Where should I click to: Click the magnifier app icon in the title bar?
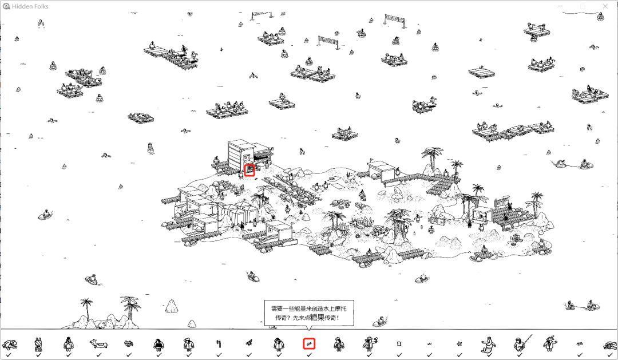coord(6,6)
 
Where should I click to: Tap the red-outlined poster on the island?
coord(249,171)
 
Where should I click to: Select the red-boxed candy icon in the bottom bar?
coord(309,344)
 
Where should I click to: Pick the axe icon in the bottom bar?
coord(219,344)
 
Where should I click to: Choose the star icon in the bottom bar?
coord(459,344)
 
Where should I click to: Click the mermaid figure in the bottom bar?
coord(489,345)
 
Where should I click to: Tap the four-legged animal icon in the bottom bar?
coord(98,345)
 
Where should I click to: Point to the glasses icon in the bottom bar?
coord(129,344)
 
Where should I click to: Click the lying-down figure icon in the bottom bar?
coord(9,345)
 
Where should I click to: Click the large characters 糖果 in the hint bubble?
coord(317,318)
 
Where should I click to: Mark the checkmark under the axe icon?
coord(219,355)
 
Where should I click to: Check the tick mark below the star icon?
coord(459,355)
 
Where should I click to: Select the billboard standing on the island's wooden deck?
coord(501,203)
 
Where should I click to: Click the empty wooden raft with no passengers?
coord(482,72)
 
